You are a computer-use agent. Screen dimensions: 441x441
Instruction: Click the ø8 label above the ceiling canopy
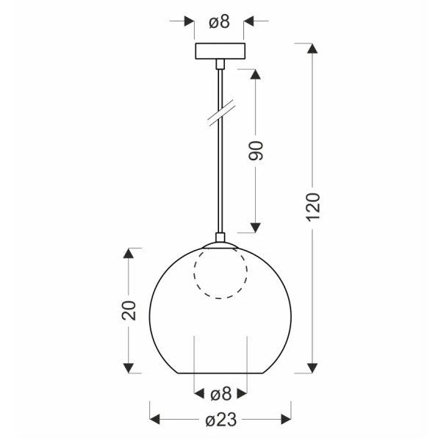point(219,22)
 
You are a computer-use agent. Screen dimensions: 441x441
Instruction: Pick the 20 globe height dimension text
point(129,309)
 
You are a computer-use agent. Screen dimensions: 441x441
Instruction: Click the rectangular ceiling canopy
point(219,51)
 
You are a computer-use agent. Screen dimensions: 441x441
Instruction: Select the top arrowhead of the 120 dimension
point(312,49)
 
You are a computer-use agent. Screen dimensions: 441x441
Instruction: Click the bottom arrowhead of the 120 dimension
point(312,367)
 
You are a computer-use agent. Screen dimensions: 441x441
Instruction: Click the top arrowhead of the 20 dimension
point(129,254)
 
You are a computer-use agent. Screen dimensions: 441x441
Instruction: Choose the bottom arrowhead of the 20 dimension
point(129,367)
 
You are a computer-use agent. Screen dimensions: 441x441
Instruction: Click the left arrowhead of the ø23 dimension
point(155,420)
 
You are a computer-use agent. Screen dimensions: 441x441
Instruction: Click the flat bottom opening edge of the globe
point(220,373)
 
